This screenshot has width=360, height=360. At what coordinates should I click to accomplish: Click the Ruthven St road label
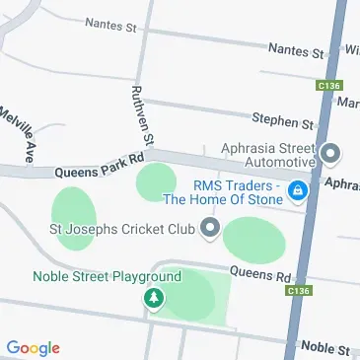click(138, 114)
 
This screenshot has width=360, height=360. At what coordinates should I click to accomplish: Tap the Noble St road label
click(325, 347)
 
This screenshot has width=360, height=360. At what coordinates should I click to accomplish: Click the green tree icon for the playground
click(153, 297)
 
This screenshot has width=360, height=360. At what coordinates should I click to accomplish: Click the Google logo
click(34, 347)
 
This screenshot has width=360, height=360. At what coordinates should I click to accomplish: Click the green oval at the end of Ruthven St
click(155, 182)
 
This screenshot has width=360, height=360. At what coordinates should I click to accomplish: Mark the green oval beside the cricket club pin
click(253, 238)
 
